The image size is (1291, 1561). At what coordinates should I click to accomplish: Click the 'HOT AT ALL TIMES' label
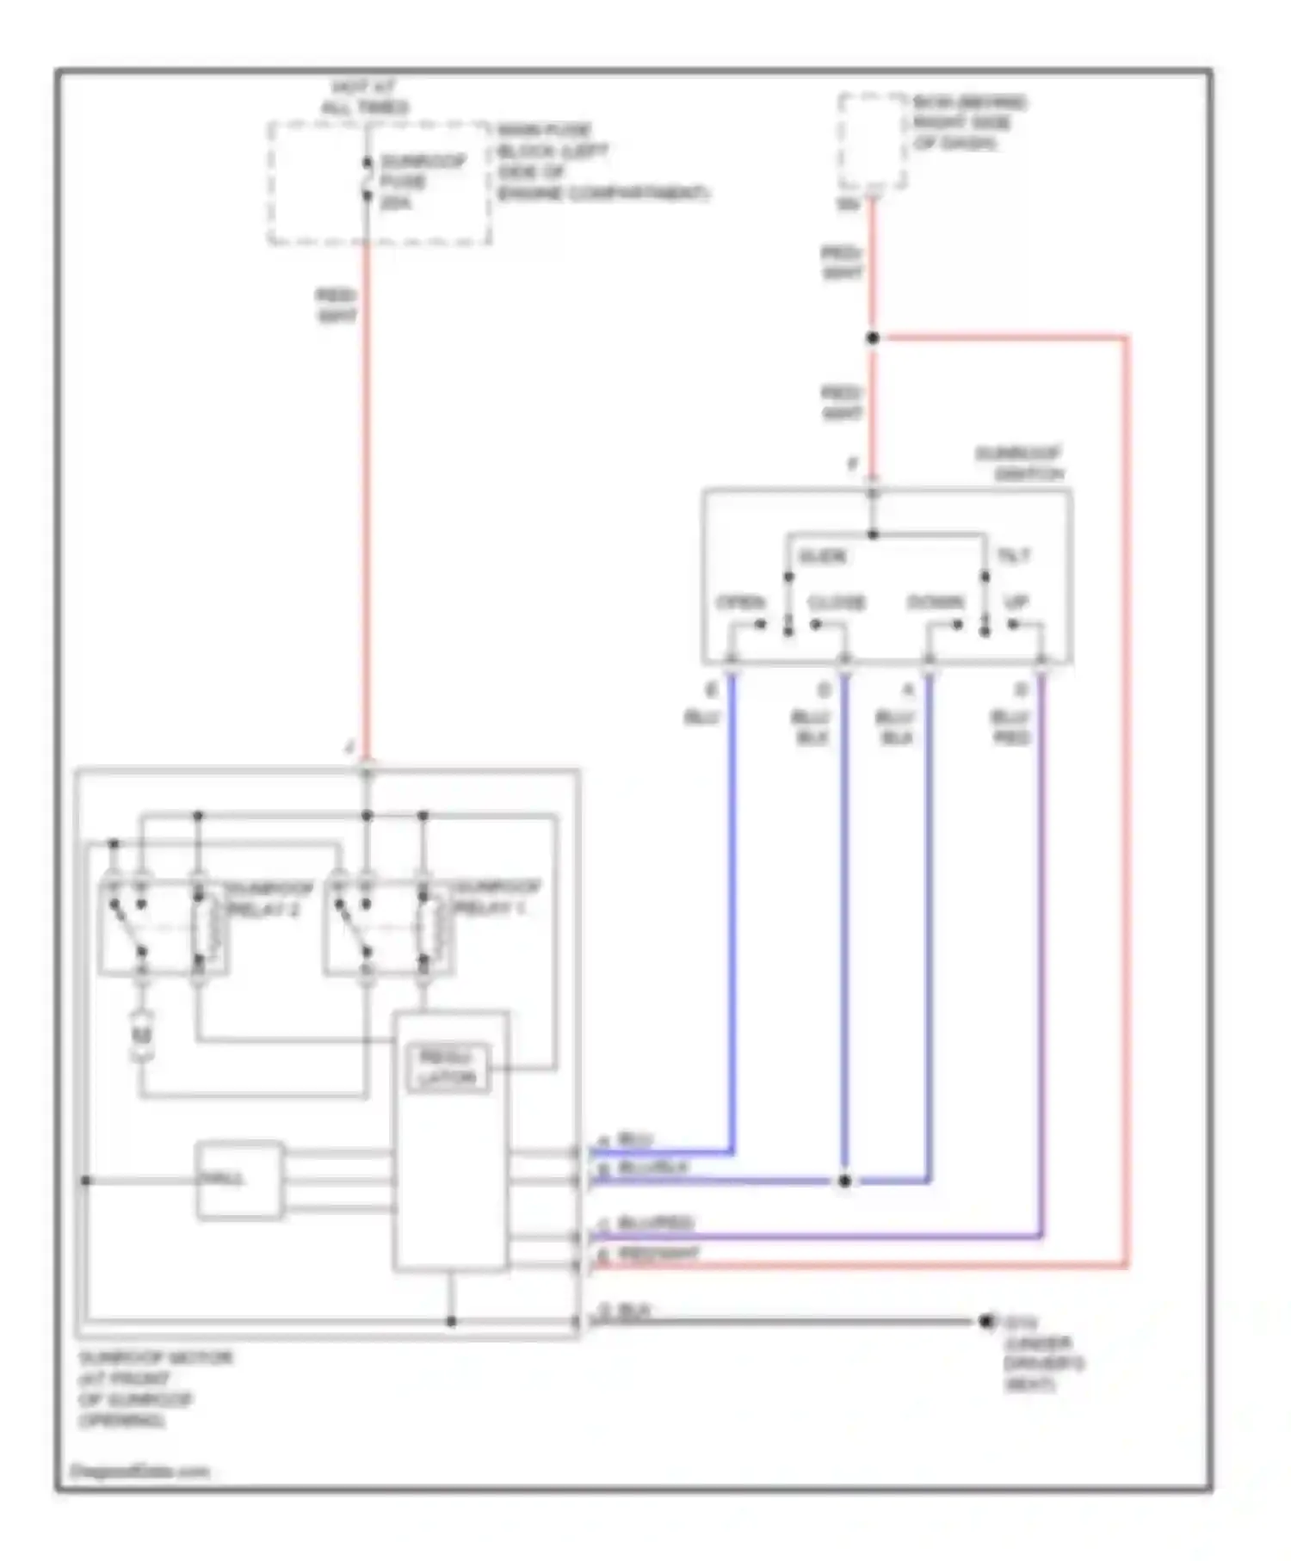point(364,97)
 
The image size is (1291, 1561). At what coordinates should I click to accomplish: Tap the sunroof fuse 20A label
point(422,182)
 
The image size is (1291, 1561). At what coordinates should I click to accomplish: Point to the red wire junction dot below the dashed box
point(873,338)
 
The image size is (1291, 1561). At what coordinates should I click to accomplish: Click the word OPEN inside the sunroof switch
point(741,602)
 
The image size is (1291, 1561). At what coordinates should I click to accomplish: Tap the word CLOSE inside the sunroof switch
point(836,602)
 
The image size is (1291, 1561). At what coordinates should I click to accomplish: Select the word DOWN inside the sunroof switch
point(936,602)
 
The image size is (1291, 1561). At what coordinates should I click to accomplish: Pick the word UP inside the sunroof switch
point(1016,602)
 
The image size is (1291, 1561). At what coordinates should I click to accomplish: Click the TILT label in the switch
point(1013,556)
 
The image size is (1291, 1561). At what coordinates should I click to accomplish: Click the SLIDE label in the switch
point(822,556)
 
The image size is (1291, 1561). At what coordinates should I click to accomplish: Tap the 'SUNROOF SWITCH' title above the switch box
point(1019,463)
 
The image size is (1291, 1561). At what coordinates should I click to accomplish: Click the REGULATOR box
point(448,1068)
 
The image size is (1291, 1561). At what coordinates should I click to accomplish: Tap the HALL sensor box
point(238,1180)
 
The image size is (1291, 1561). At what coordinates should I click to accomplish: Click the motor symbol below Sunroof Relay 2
point(142,1036)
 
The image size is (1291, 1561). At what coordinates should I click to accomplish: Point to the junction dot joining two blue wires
point(844,1181)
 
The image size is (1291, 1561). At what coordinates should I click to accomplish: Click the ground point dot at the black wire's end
point(986,1321)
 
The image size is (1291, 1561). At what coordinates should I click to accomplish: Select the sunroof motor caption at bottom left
point(155,1388)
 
